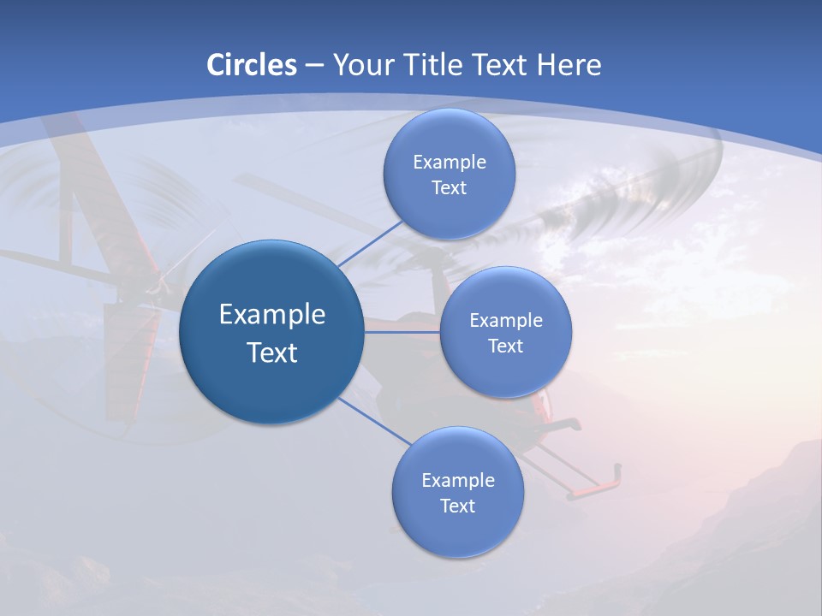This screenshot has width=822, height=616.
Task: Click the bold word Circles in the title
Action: pyautogui.click(x=251, y=65)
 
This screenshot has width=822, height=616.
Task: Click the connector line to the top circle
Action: pyautogui.click(x=370, y=244)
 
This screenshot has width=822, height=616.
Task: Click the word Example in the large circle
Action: pyautogui.click(x=272, y=314)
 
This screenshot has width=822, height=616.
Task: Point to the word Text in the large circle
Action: pyautogui.click(x=272, y=352)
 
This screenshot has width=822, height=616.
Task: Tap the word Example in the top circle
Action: pyautogui.click(x=449, y=163)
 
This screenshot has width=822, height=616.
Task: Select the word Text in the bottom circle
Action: pyautogui.click(x=457, y=506)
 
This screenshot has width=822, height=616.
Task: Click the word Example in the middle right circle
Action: pyautogui.click(x=505, y=321)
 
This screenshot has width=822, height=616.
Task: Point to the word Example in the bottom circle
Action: pyautogui.click(x=457, y=480)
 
